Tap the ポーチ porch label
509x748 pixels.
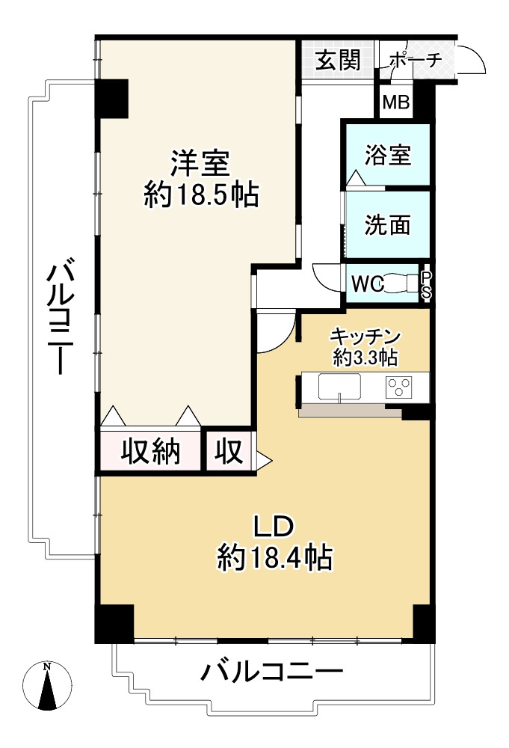pos(416,60)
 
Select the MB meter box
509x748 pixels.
pos(395,102)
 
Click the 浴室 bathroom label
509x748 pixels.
pos(387,156)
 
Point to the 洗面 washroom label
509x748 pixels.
pos(387,224)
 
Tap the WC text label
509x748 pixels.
pos(367,283)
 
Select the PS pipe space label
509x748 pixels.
pos(425,284)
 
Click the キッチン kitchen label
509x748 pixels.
pos(365,337)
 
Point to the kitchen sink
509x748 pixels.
pos(339,387)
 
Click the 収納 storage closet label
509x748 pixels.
pos(151,451)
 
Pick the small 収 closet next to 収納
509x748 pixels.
pos(229,451)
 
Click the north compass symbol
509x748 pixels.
pos(47,685)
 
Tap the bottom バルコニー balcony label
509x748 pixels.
pos(271,672)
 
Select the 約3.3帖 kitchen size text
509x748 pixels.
pos(365,358)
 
